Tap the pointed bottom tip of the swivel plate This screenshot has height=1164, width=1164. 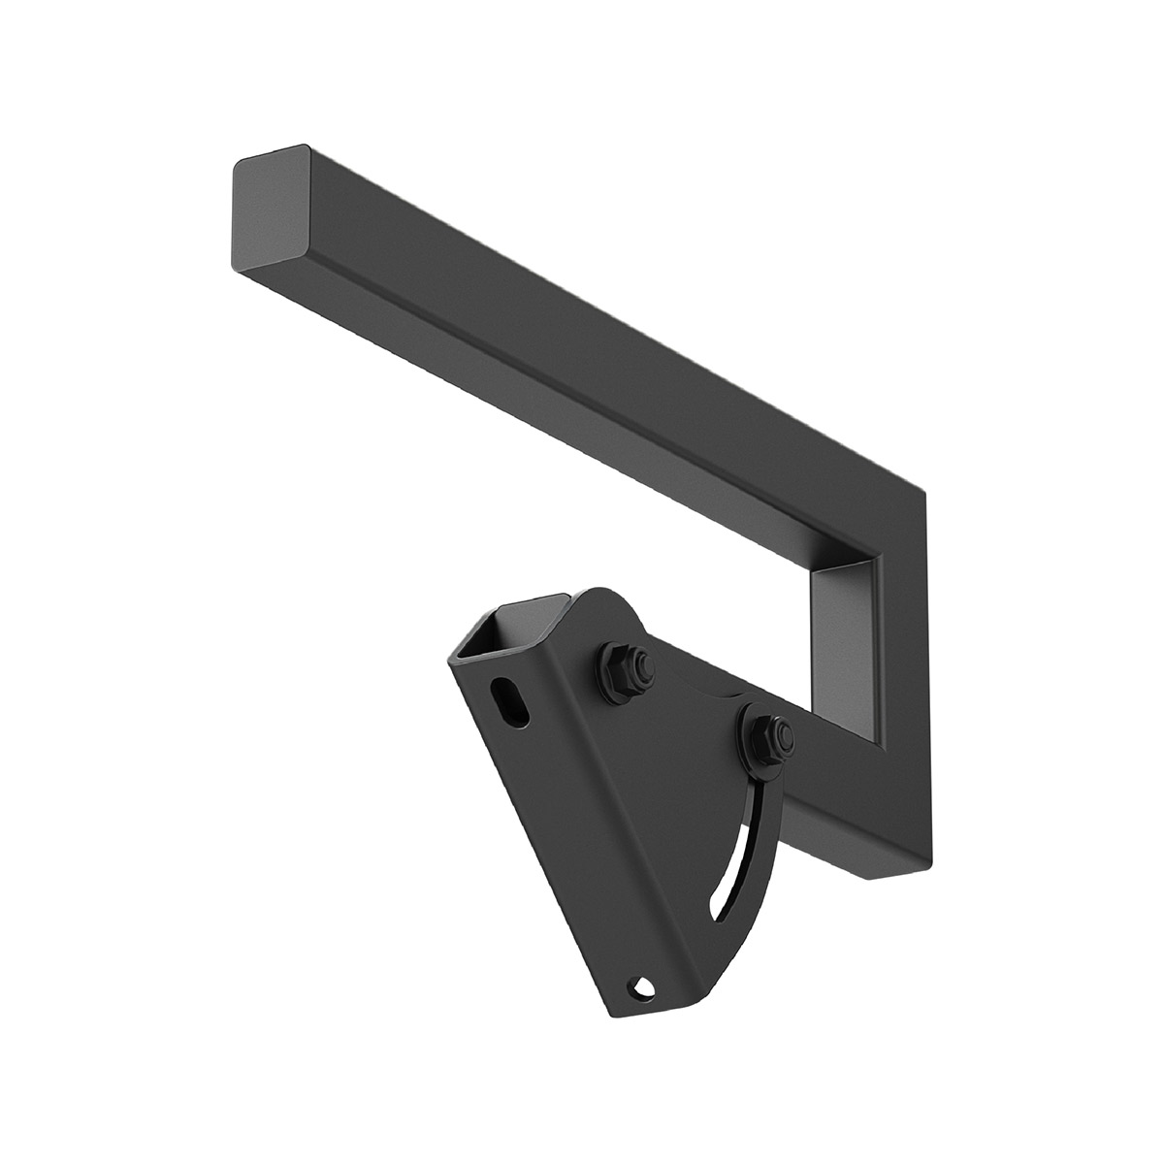coord(621,1014)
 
